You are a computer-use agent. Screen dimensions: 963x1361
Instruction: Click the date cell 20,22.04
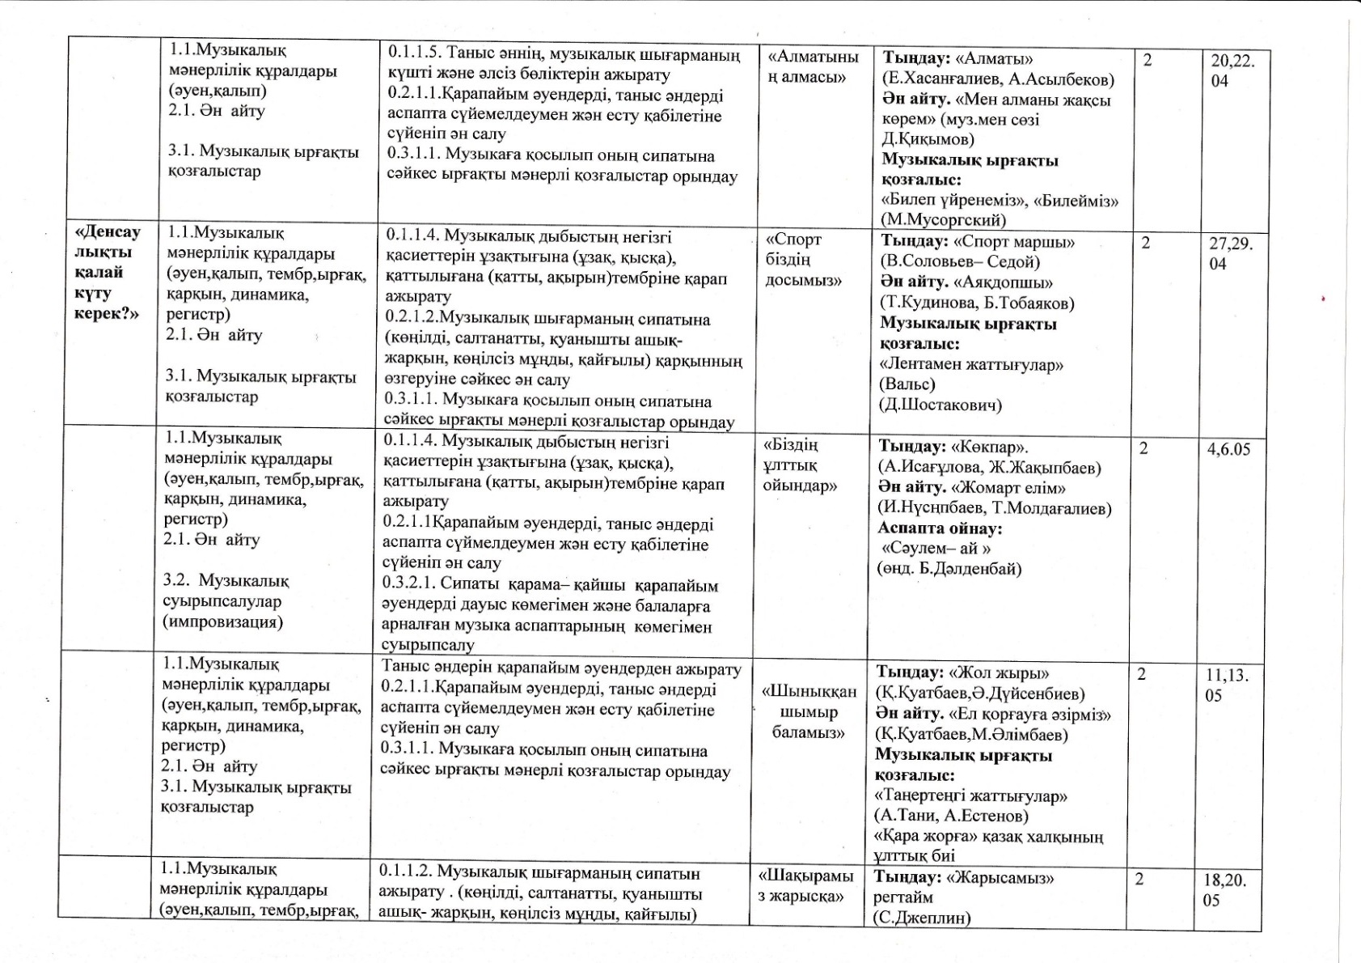1232,70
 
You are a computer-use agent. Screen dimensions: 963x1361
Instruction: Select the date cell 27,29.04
1230,253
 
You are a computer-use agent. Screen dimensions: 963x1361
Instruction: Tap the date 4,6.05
1228,449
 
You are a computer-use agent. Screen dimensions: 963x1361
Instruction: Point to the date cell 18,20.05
1224,889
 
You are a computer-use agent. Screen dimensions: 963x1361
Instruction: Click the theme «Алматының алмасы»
812,67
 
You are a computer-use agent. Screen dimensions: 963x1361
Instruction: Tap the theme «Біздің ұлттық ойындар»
800,465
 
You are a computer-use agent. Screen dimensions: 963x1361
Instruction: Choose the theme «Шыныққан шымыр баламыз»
808,712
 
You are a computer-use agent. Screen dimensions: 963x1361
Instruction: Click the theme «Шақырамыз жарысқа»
804,886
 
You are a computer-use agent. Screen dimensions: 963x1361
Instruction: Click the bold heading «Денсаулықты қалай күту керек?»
107,272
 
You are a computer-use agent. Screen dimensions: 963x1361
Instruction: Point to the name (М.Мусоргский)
943,219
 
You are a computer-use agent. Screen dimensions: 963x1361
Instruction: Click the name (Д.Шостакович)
940,405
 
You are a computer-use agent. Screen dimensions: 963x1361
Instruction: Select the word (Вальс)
907,384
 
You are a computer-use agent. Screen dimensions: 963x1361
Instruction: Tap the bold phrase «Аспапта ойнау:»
940,528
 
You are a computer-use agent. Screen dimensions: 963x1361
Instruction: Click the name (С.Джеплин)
921,918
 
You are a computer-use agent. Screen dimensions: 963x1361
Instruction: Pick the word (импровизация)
222,622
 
